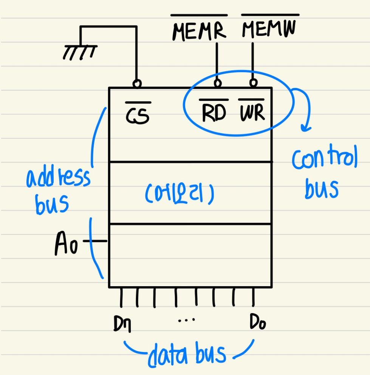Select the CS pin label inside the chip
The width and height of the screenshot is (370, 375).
[x=138, y=114]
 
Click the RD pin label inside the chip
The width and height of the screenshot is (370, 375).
[x=214, y=112]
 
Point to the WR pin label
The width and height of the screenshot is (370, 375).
[x=251, y=112]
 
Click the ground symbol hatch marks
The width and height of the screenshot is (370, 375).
[x=80, y=52]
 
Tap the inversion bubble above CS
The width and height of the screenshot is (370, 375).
[x=137, y=83]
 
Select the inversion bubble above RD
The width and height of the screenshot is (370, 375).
[x=217, y=83]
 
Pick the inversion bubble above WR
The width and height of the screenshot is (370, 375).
[x=253, y=82]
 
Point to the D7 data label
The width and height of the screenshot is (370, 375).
[x=122, y=324]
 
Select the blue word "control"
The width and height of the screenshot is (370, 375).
[x=324, y=160]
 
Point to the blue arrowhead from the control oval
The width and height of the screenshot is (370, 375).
[x=306, y=128]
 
